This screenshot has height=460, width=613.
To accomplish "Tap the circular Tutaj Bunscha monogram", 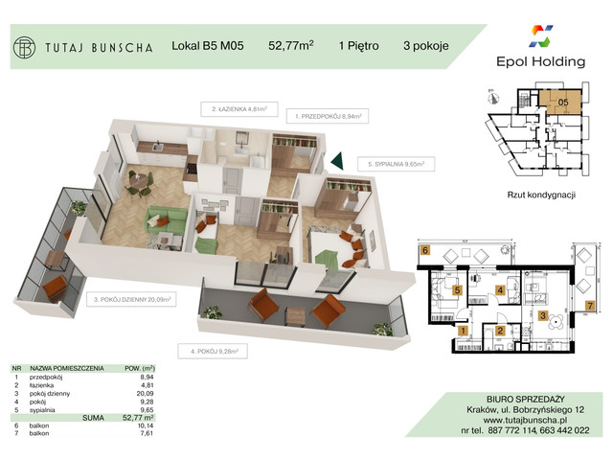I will (x=25, y=45).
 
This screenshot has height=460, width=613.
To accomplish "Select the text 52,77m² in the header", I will (x=290, y=45).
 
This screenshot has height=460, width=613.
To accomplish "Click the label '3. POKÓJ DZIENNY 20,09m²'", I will (x=133, y=300).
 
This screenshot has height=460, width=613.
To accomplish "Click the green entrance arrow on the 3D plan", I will (x=338, y=162).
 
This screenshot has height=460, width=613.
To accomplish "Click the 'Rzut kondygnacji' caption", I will (x=541, y=194).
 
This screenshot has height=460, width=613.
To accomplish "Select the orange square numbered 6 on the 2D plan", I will (x=423, y=251).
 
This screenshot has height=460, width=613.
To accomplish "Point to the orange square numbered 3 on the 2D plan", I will (x=542, y=315).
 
